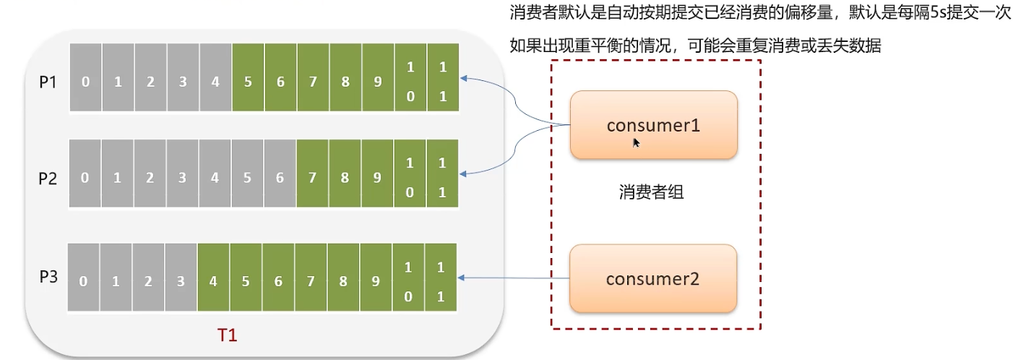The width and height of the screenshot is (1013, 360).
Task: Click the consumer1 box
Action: tap(653, 125)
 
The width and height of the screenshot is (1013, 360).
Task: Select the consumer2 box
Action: tap(653, 278)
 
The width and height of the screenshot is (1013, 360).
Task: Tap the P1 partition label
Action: tap(48, 82)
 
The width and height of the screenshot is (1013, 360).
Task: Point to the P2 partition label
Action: tap(48, 179)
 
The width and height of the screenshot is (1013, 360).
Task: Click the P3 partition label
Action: tap(48, 276)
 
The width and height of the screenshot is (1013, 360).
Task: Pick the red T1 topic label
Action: tap(228, 335)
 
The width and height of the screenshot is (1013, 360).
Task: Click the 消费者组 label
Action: tap(651, 192)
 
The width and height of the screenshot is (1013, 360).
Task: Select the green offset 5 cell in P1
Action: tap(248, 77)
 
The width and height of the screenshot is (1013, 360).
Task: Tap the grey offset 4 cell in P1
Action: tap(215, 77)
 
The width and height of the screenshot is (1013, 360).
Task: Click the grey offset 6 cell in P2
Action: tap(280, 173)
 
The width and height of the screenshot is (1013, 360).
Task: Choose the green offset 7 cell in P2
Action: tap(312, 173)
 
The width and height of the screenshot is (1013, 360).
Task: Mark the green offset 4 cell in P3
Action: tap(213, 278)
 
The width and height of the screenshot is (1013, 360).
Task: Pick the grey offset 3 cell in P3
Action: tap(181, 278)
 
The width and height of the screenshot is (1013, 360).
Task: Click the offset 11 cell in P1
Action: tap(443, 77)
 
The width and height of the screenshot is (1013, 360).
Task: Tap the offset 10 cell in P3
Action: tap(408, 278)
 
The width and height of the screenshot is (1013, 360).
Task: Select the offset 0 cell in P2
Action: tap(85, 173)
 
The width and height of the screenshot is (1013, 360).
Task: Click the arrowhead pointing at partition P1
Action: tap(464, 79)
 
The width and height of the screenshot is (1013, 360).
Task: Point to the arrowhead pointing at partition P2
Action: tap(462, 174)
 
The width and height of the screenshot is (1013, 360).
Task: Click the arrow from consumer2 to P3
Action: tap(514, 278)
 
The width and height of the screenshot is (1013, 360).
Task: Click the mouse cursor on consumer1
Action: tap(637, 143)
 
